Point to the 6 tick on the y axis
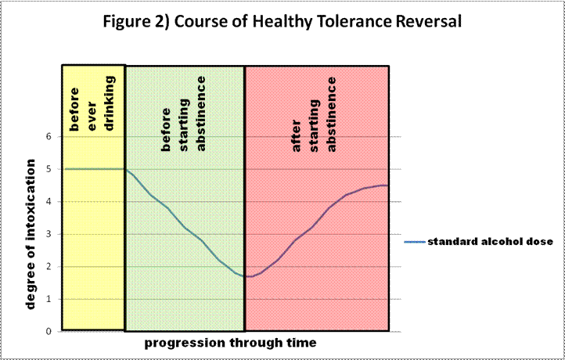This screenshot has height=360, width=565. pyautogui.click(x=49, y=136)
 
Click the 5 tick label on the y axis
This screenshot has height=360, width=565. pyautogui.click(x=49, y=169)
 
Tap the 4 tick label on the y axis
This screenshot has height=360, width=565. pyautogui.click(x=49, y=201)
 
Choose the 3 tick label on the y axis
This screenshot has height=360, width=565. pyautogui.click(x=49, y=234)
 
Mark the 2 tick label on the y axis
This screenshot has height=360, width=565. pyautogui.click(x=49, y=266)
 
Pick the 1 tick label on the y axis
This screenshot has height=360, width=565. pyautogui.click(x=49, y=299)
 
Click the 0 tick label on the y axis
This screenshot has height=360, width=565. pyautogui.click(x=49, y=331)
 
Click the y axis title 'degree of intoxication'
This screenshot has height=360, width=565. pyautogui.click(x=31, y=233)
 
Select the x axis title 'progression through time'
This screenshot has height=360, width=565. pyautogui.click(x=230, y=343)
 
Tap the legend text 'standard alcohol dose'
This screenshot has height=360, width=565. pyautogui.click(x=490, y=241)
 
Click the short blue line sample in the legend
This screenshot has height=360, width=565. pyautogui.click(x=414, y=242)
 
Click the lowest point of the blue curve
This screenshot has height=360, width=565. pyautogui.click(x=248, y=276)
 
